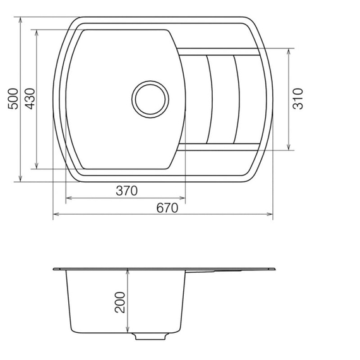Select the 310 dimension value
pos(299,99)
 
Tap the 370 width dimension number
pos(126,191)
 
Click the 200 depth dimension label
pos(121,302)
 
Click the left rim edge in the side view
pos(54,270)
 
